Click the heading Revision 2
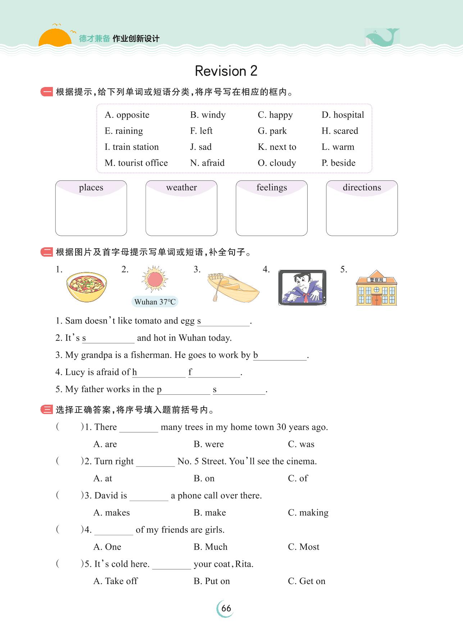[226, 71]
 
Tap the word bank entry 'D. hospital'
[342, 115]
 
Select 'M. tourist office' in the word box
[136, 163]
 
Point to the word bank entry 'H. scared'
[340, 131]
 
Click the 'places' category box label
[91, 188]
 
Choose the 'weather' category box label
[181, 188]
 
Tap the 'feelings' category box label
[272, 188]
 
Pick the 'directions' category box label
[362, 188]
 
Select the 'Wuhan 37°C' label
[155, 302]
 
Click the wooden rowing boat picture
[233, 287]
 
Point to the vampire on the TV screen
[302, 288]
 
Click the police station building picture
[376, 288]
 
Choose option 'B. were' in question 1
[209, 444]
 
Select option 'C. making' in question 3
[308, 513]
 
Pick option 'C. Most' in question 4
[303, 547]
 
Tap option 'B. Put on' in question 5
[212, 581]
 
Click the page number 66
[226, 608]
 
